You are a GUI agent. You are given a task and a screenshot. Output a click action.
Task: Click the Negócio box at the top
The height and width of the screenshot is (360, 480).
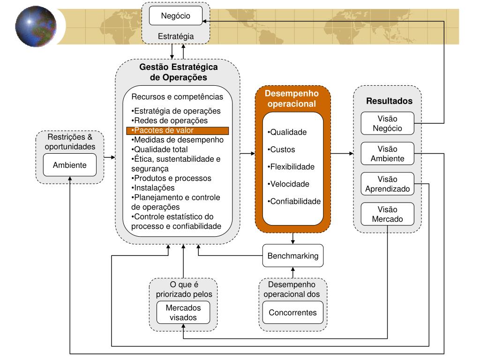point(176,15)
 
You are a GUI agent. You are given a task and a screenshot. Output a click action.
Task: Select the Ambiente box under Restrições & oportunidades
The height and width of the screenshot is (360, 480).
point(69,165)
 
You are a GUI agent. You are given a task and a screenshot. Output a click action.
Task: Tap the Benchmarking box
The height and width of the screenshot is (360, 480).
point(292,256)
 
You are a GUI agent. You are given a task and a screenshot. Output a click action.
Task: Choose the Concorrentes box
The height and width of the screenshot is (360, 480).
point(292,313)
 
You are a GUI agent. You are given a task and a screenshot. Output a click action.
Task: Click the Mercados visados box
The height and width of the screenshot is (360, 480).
point(183,313)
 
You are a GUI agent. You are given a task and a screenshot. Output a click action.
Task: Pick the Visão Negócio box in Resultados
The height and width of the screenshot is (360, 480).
point(387,123)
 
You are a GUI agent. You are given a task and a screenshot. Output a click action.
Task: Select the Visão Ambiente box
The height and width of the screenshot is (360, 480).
point(387,153)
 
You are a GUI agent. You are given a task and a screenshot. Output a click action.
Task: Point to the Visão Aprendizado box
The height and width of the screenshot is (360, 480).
point(387,184)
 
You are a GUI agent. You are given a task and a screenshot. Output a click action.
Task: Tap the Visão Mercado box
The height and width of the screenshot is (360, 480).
point(387,214)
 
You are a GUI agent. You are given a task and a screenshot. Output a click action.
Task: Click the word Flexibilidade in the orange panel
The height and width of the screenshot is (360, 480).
point(292,167)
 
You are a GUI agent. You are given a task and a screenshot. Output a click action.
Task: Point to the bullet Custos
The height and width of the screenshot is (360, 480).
point(282,150)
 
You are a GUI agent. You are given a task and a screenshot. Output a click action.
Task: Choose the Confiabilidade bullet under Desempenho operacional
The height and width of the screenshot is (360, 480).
point(294,202)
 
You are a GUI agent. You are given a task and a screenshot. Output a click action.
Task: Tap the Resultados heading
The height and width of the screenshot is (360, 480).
point(389,101)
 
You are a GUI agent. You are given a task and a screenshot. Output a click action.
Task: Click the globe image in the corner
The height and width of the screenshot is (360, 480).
point(36,26)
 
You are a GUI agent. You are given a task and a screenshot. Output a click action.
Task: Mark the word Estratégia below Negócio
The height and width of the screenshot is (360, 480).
point(176,36)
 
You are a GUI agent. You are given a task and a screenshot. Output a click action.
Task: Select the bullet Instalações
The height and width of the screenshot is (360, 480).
point(154,187)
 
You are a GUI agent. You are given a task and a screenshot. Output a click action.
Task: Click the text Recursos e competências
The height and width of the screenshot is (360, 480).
point(177,97)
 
